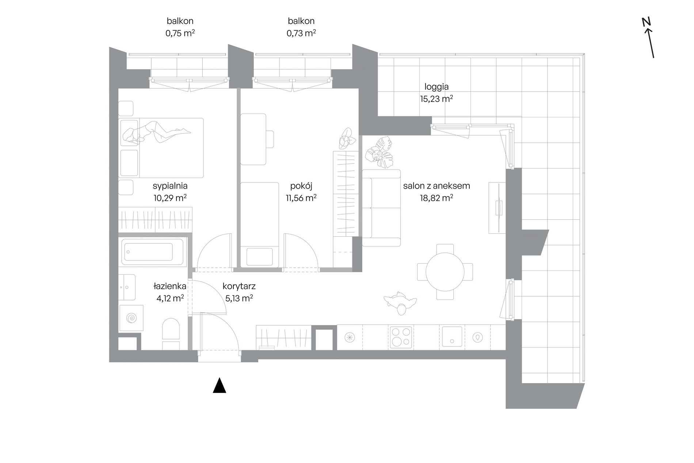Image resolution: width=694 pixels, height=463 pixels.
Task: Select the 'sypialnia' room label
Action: click(x=170, y=186)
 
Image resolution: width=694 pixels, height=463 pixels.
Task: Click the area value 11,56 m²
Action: click(x=301, y=198)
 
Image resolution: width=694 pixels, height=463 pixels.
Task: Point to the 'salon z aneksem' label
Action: click(x=436, y=186)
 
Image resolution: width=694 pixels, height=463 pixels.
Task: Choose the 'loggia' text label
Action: click(x=436, y=87)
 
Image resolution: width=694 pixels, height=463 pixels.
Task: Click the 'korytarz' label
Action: click(x=239, y=286)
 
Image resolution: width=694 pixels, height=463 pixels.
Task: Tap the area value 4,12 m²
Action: click(x=170, y=298)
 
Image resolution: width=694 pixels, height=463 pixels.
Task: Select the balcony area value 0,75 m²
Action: click(x=180, y=33)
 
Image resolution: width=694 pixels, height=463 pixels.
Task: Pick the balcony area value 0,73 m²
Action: click(x=301, y=33)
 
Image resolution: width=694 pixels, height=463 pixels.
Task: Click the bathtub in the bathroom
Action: click(x=153, y=252)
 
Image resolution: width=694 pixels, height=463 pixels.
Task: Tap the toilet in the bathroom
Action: click(x=171, y=334)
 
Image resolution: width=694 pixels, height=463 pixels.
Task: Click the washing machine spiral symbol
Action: click(x=131, y=318)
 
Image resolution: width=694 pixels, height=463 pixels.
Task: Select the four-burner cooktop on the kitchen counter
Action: click(x=401, y=337)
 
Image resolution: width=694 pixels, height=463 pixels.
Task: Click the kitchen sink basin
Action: click(x=452, y=337)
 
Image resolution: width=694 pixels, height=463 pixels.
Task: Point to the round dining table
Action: click(x=445, y=272)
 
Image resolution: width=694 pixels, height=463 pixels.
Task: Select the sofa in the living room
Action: click(x=381, y=208)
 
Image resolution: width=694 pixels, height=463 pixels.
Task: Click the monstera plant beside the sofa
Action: click(x=380, y=152)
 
